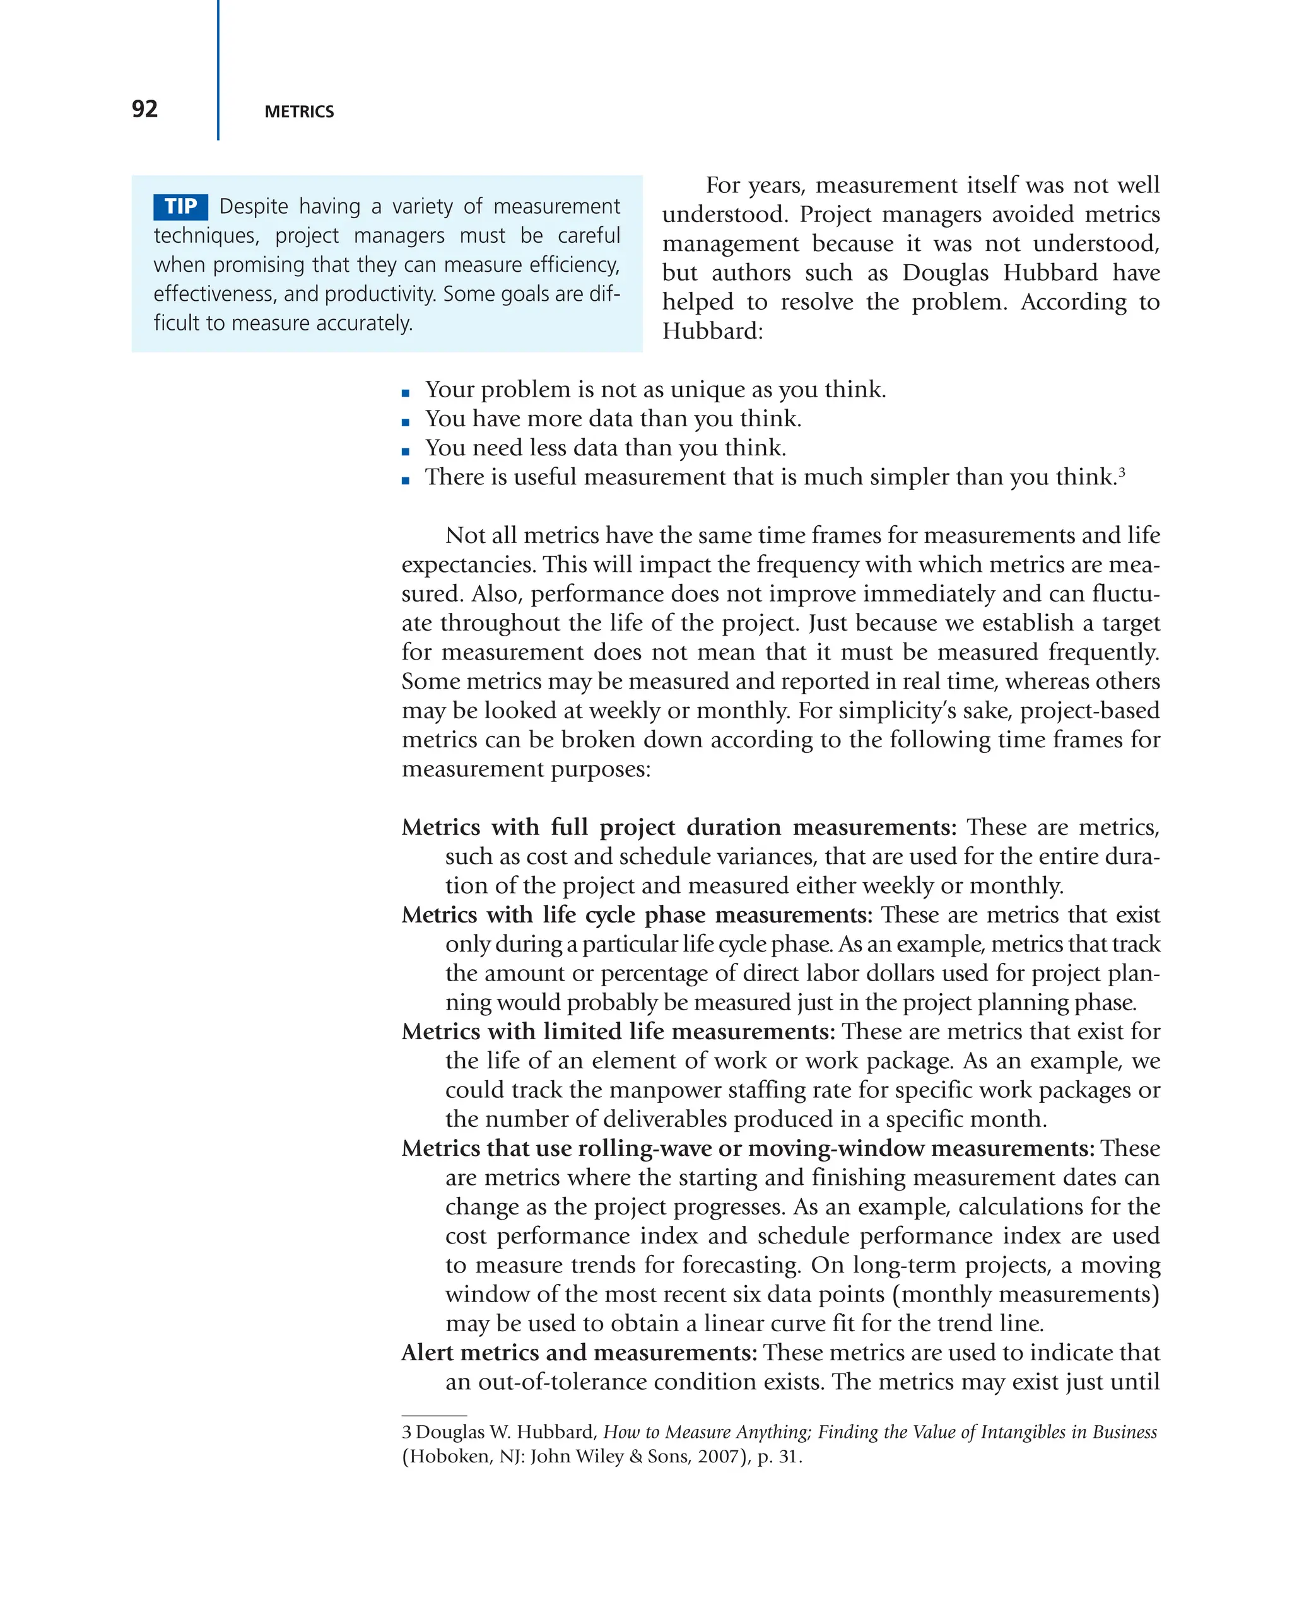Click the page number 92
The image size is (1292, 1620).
pos(144,109)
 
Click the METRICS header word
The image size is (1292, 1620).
pos(299,112)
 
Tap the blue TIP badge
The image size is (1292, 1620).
pos(180,207)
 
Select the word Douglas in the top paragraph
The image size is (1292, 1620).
pos(946,273)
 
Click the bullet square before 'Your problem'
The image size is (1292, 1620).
pos(406,393)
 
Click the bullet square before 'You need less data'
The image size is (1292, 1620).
pos(406,452)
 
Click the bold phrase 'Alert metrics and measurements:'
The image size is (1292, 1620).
pos(578,1353)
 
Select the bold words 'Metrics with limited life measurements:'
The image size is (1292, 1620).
pos(618,1032)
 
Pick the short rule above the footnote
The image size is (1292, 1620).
pos(433,1416)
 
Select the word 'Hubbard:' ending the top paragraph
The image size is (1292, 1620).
pos(712,331)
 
